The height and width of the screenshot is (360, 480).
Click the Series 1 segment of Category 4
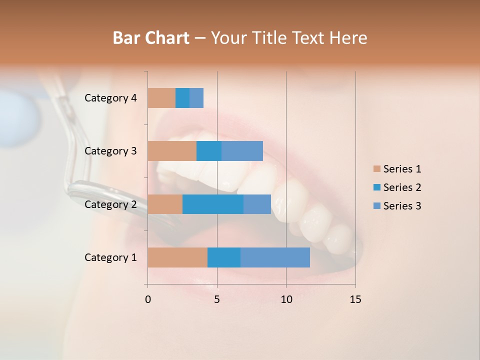click(161, 98)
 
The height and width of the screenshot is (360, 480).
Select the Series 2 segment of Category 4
click(182, 98)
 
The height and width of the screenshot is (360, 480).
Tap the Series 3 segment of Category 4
click(196, 98)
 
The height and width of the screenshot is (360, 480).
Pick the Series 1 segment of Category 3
click(172, 151)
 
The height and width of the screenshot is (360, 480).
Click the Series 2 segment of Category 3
click(209, 151)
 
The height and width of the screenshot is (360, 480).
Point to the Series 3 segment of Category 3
click(242, 151)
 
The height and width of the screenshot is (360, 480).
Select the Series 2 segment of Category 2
click(213, 204)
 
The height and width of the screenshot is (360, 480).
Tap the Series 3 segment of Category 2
click(257, 204)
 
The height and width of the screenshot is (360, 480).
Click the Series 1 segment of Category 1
click(177, 257)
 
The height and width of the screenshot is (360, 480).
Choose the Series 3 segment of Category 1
click(275, 257)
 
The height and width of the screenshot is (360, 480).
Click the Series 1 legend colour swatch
click(377, 169)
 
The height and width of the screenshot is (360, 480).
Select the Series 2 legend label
click(402, 187)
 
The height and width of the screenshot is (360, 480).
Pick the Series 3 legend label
click(402, 206)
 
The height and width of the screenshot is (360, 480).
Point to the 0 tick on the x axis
click(148, 299)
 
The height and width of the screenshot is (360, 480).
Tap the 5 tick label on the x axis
click(217, 299)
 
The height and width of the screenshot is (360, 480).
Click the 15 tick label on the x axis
click(355, 299)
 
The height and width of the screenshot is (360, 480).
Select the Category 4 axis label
click(110, 98)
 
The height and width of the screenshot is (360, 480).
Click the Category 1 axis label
click(110, 257)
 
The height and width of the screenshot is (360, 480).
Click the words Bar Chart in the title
click(151, 38)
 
